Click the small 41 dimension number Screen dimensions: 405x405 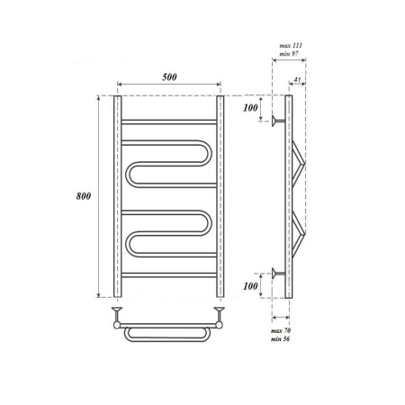tap(297, 79)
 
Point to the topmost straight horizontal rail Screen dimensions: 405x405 tap(167, 120)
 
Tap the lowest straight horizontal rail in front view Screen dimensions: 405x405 tap(167, 273)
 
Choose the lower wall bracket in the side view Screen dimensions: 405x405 tap(276, 273)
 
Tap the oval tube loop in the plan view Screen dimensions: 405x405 tap(167, 334)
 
